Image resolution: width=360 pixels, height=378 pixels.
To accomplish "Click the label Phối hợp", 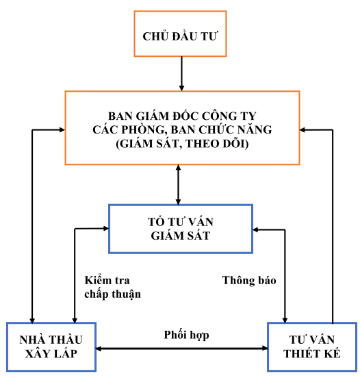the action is pos(186,335).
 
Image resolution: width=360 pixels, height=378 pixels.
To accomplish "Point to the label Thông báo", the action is pos(249,280).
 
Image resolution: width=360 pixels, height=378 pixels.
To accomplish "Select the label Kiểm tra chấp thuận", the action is pos(112,288).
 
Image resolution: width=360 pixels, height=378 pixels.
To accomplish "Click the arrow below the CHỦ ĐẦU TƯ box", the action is pos(181,74).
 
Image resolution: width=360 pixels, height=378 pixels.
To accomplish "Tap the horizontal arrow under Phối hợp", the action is pos(181,349).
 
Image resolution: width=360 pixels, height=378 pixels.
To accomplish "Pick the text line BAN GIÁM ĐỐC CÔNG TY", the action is pos(182,116).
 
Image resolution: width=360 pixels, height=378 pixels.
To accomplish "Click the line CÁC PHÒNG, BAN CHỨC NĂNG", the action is pos(182,129).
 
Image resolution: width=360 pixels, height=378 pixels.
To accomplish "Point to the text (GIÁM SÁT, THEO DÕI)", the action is pos(182,144).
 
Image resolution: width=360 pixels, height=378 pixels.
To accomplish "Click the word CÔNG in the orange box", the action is pos(217,116).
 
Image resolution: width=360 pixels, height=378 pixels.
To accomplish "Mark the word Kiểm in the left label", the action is pos(98,280).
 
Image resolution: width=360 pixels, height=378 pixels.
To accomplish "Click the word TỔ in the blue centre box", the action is pos(156,222).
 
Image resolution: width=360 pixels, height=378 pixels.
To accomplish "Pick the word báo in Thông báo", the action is pos(266,280).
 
